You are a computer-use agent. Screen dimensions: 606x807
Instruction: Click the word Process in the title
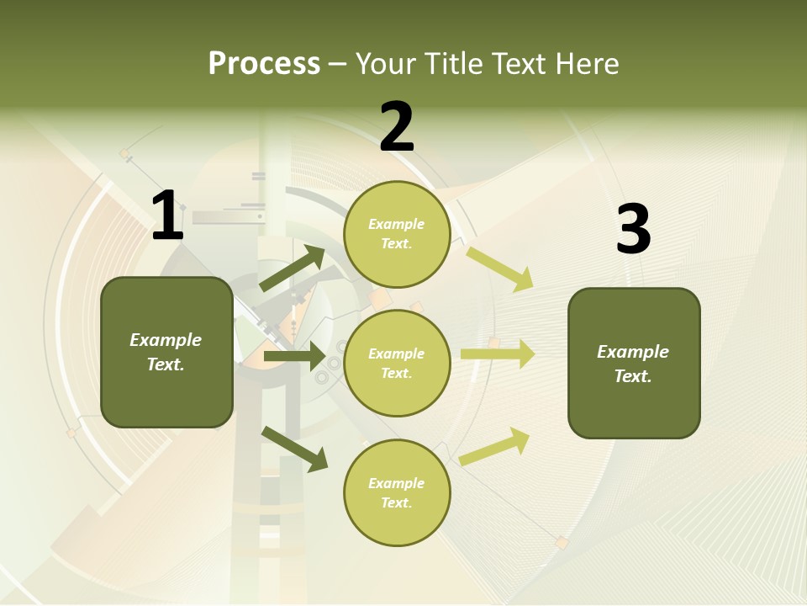pyautogui.click(x=264, y=63)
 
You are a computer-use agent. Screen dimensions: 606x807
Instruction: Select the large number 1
pyautogui.click(x=167, y=216)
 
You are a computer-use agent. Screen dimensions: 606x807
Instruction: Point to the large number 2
pyautogui.click(x=397, y=127)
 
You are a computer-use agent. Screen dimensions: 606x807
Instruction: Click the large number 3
pyautogui.click(x=633, y=230)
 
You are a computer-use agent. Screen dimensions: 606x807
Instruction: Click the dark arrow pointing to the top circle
pyautogui.click(x=293, y=268)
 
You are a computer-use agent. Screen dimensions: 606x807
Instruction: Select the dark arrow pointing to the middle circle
pyautogui.click(x=294, y=356)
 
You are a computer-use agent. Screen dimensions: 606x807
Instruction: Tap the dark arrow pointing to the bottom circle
pyautogui.click(x=294, y=448)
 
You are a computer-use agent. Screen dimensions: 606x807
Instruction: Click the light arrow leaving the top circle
pyautogui.click(x=500, y=268)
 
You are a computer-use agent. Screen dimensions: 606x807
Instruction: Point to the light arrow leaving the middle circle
pyautogui.click(x=498, y=353)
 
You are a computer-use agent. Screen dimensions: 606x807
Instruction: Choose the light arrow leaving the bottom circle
pyautogui.click(x=495, y=446)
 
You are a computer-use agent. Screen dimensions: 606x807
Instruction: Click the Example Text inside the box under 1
pyautogui.click(x=166, y=352)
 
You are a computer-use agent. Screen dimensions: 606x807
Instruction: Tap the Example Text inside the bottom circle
pyautogui.click(x=397, y=493)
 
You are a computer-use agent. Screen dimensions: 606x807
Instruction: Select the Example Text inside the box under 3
pyautogui.click(x=633, y=364)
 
